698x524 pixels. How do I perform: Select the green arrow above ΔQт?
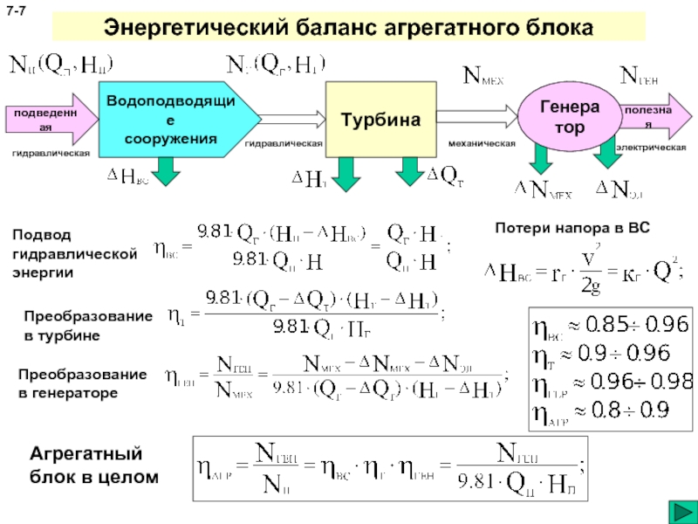pos(407,170)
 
